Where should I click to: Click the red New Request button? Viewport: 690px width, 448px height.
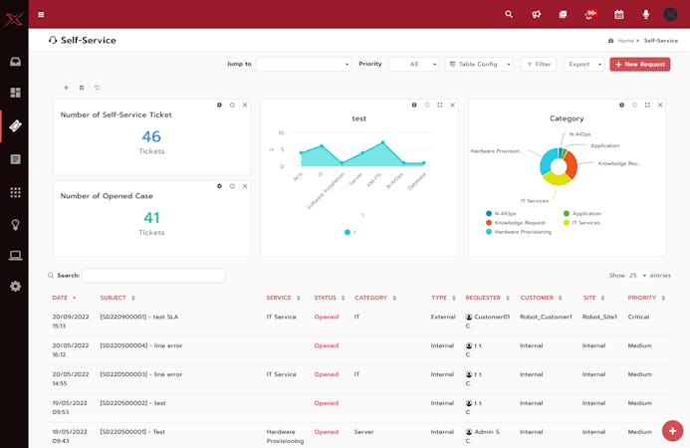point(639,64)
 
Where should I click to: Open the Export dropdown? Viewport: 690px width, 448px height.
point(583,64)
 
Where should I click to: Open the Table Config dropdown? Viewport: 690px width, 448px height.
point(479,64)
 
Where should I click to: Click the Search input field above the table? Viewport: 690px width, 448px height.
point(153,275)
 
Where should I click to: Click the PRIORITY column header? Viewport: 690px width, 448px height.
point(642,298)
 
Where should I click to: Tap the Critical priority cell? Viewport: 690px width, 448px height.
point(639,317)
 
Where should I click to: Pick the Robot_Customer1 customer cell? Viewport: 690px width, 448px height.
point(546,317)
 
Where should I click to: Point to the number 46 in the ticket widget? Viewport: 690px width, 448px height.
point(151,136)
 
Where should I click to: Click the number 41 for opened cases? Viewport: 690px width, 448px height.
point(151,217)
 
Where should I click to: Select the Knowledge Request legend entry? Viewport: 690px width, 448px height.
point(519,222)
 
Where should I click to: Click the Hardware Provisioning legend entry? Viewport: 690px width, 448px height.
point(522,231)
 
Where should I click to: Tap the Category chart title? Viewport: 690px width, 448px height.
point(567,118)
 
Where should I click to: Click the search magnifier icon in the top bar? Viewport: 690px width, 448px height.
point(509,14)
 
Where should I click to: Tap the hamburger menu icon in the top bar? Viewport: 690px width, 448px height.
point(41,14)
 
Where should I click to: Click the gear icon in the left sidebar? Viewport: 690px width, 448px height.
point(15,286)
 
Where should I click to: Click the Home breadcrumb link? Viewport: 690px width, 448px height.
point(625,41)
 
